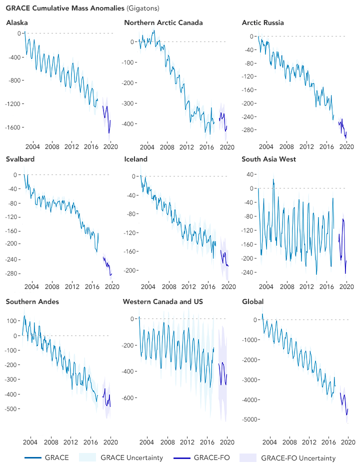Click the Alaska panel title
click(16, 23)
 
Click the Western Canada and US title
click(163, 301)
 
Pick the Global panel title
click(252, 301)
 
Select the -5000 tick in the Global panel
click(251, 419)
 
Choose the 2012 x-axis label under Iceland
click(188, 286)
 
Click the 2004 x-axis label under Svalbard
click(32, 286)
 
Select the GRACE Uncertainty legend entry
click(132, 457)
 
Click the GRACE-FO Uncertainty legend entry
click(298, 457)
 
